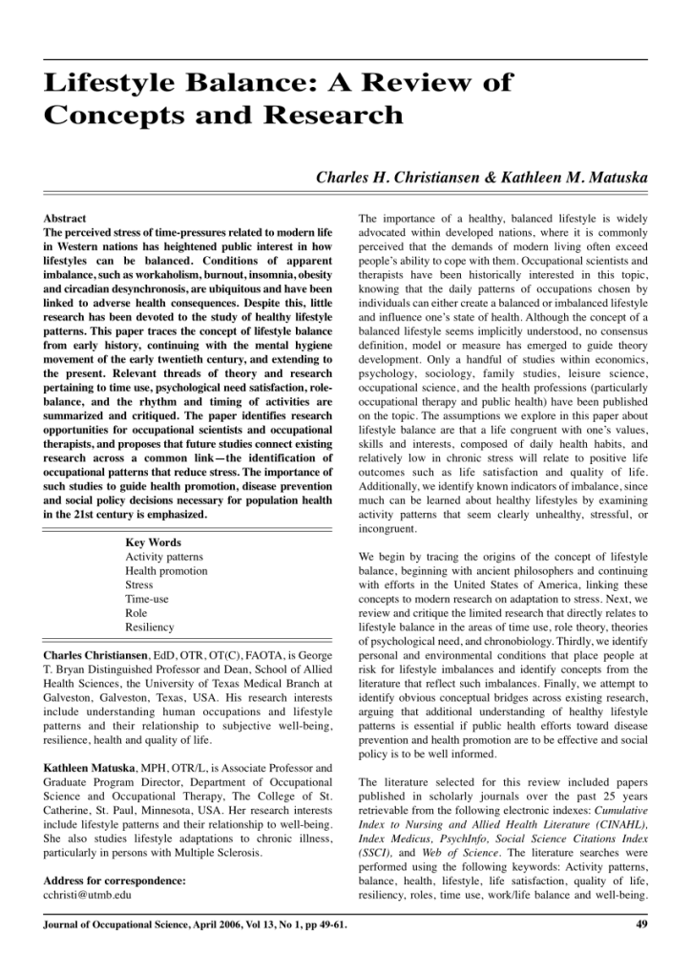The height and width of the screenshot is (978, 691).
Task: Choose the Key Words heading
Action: (154, 542)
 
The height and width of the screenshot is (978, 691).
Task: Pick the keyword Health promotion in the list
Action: (166, 571)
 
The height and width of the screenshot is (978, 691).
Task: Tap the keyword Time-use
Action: (147, 599)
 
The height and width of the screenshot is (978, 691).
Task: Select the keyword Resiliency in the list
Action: (150, 627)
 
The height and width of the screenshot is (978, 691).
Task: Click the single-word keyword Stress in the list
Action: (139, 585)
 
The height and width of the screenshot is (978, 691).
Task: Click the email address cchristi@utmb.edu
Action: (88, 895)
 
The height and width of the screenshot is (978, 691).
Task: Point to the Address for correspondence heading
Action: (115, 881)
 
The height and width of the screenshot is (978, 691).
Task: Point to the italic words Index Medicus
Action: (395, 838)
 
